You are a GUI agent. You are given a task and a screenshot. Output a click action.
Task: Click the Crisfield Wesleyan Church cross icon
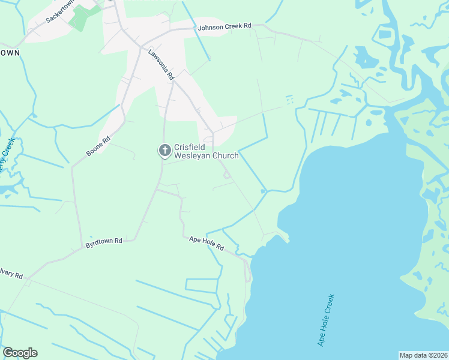[164, 150]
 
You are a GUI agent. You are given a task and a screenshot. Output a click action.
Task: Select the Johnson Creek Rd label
[224, 27]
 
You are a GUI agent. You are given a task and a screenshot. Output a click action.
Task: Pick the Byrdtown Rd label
[103, 241]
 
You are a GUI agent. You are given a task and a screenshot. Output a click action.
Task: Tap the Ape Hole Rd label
[206, 242]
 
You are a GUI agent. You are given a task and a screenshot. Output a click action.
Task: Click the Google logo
[20, 353]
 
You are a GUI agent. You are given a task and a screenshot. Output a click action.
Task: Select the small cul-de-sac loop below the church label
[227, 175]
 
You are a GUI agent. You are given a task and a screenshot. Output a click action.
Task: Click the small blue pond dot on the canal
[263, 191]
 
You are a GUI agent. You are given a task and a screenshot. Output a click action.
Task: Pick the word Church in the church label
[224, 156]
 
